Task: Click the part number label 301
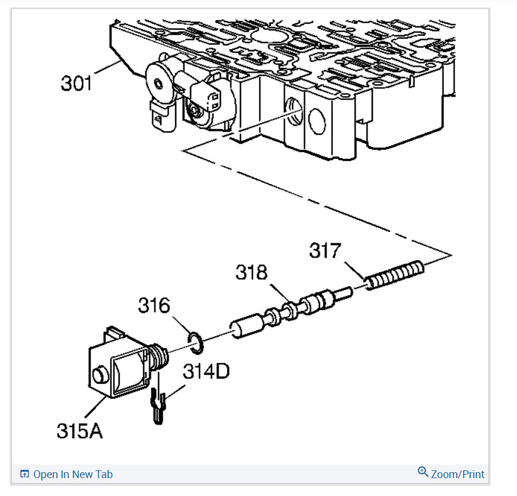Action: (77, 82)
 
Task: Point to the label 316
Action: (154, 305)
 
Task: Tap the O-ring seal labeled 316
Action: (195, 340)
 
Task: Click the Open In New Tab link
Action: (73, 475)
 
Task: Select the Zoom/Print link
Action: (457, 475)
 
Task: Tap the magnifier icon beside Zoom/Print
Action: (423, 472)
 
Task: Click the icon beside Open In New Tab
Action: (24, 475)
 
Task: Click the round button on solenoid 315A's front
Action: (99, 376)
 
